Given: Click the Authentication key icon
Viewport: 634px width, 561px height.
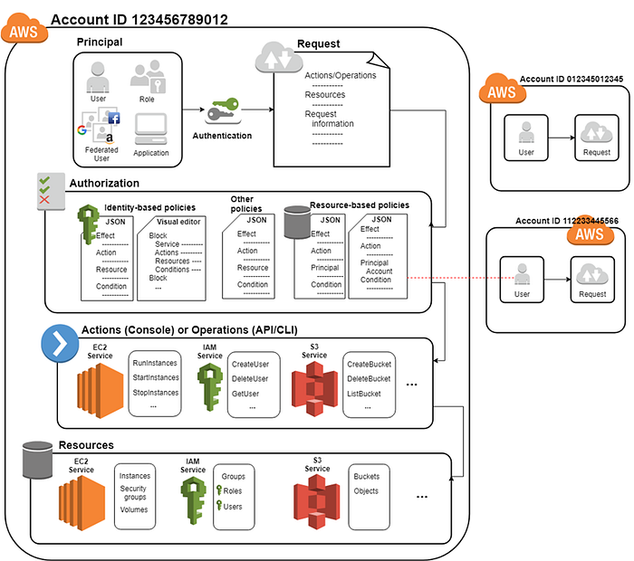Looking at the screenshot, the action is click(224, 110).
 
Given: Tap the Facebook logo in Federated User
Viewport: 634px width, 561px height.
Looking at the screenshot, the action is click(114, 119).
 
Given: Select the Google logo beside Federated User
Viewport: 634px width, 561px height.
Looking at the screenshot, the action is click(82, 130).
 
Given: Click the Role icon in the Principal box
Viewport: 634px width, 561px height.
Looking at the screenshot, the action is click(148, 76).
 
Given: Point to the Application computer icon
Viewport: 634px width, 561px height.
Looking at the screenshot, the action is click(151, 129).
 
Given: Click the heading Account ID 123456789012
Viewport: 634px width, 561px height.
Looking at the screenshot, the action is click(139, 19).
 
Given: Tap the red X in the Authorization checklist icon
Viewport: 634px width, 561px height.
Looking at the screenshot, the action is click(44, 199).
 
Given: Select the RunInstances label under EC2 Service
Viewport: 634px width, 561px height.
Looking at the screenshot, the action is click(155, 363).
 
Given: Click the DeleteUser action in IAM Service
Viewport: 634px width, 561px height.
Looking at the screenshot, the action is click(250, 379).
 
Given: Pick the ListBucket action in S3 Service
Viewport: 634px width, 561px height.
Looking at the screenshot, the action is click(364, 394).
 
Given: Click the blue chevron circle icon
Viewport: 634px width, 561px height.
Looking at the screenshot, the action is click(60, 344).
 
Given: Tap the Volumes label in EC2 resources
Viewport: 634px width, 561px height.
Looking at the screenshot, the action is click(134, 509).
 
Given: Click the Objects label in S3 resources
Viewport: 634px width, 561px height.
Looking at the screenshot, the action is click(366, 491).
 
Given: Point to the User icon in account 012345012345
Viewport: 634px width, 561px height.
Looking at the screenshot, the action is click(526, 133).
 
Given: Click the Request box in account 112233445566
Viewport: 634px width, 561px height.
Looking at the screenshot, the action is click(592, 280).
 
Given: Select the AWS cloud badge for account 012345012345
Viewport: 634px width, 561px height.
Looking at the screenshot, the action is click(503, 89).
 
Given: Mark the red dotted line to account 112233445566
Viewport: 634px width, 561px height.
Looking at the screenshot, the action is click(460, 278).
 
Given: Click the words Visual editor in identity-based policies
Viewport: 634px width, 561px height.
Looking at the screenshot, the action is click(178, 222).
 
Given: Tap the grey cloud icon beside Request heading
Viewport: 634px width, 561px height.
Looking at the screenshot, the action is click(279, 58).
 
